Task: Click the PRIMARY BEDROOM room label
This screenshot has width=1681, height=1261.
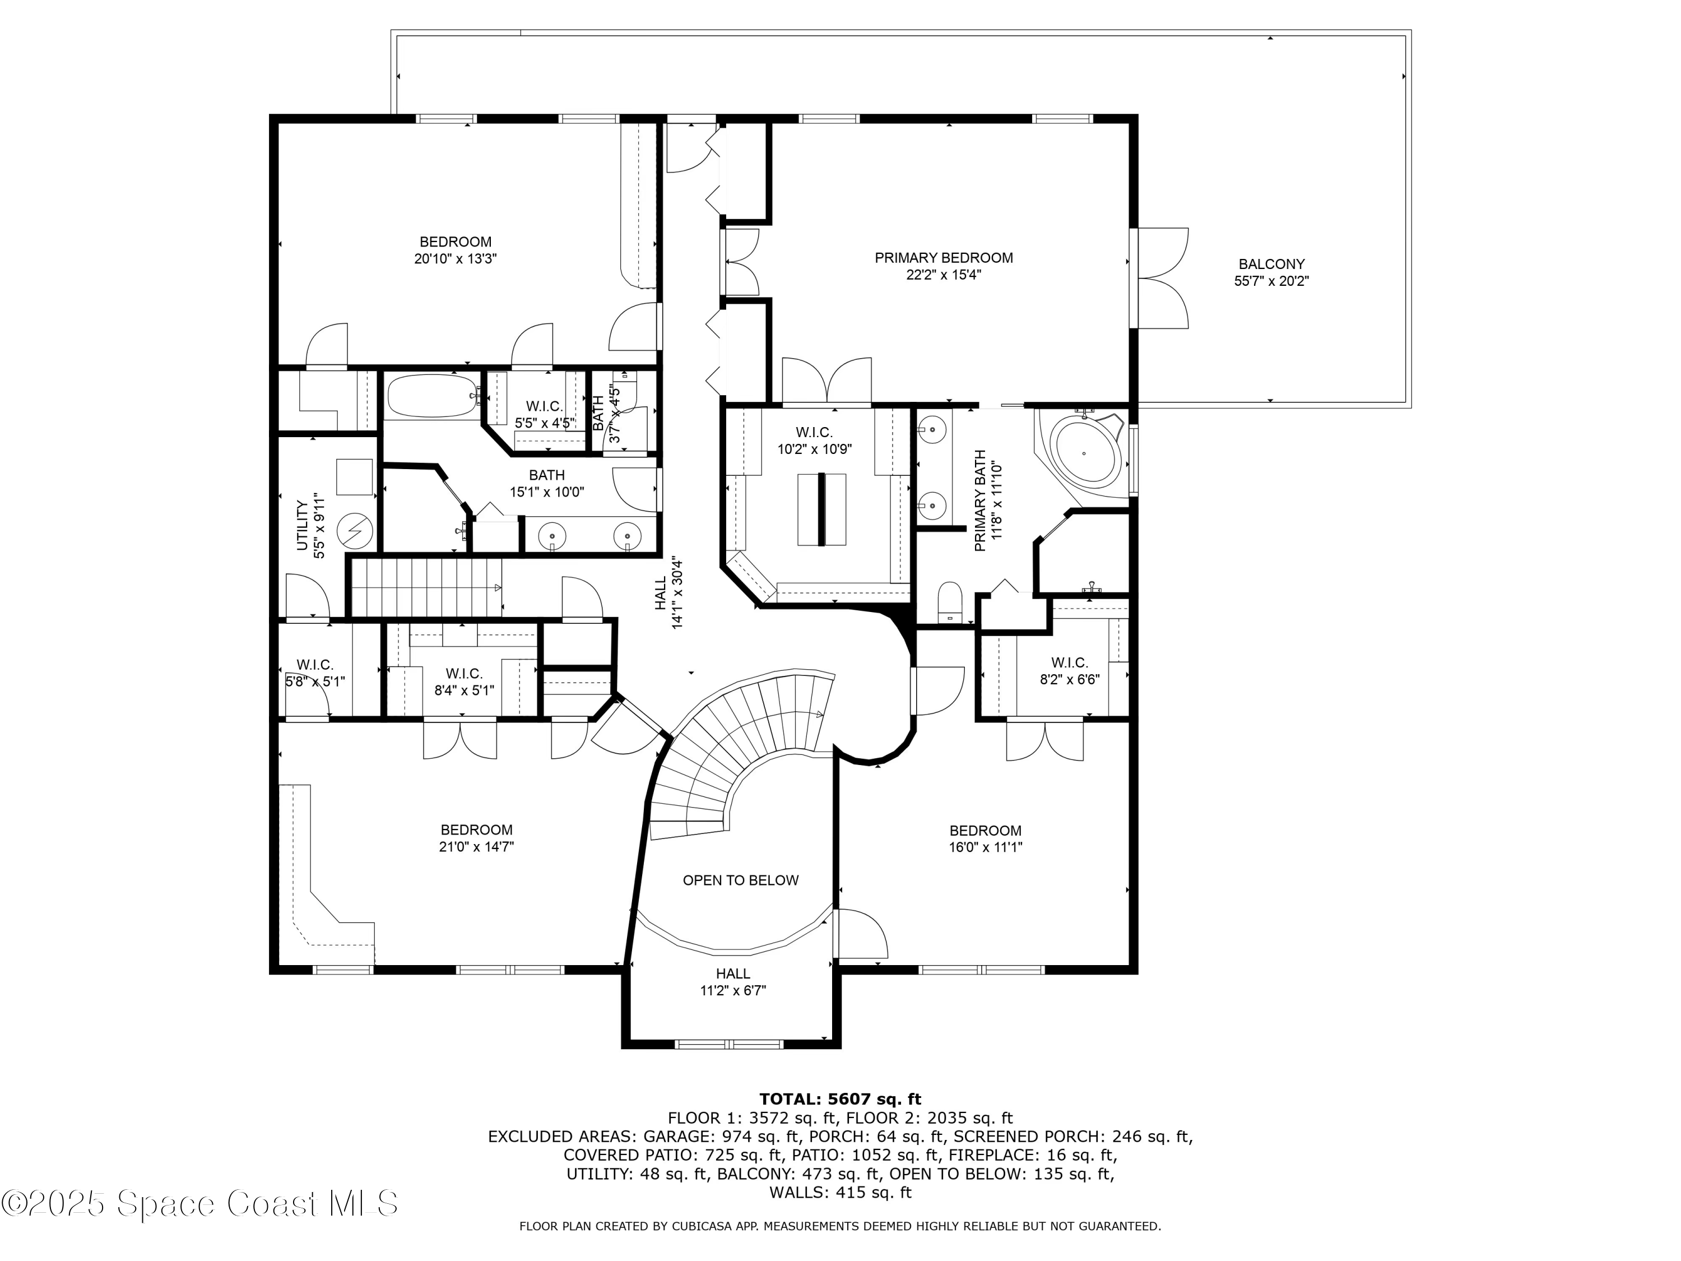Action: click(x=943, y=258)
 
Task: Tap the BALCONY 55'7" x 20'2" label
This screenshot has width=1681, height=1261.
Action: click(x=1271, y=272)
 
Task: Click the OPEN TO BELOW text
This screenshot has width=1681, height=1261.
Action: click(x=740, y=880)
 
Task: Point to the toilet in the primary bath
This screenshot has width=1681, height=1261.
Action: click(x=950, y=602)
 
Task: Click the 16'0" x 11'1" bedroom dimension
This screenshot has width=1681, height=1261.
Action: click(x=985, y=847)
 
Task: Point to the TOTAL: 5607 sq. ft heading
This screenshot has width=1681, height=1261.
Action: click(x=840, y=1099)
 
